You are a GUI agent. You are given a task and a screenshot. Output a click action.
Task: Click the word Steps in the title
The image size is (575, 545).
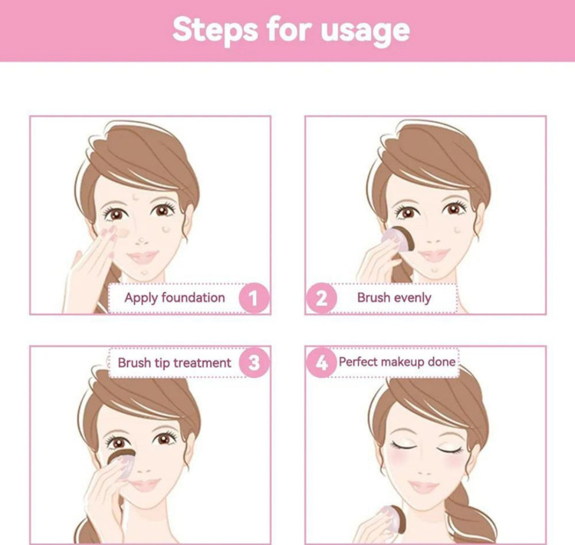(x=215, y=30)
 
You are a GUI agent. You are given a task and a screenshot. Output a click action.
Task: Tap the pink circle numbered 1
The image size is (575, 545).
(x=254, y=298)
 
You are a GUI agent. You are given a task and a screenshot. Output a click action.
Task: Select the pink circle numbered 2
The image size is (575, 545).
(x=321, y=298)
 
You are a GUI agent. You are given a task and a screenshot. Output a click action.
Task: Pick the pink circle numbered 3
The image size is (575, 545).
(x=254, y=363)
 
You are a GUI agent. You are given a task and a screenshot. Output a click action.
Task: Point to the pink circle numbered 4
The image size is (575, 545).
(x=321, y=363)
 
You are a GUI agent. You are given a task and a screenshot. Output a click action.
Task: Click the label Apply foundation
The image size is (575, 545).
(x=175, y=298)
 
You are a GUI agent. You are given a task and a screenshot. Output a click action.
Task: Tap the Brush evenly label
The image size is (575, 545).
(x=394, y=297)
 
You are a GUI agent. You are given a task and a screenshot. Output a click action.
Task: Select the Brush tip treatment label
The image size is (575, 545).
(x=175, y=363)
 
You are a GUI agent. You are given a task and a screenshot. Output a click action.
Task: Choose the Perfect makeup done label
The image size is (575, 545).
(x=397, y=362)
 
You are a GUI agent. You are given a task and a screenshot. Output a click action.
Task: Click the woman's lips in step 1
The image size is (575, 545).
(x=143, y=257)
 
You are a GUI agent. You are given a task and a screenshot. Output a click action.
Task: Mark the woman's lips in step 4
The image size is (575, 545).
(x=423, y=487)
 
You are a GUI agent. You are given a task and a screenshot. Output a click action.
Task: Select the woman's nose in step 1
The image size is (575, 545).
(x=141, y=240)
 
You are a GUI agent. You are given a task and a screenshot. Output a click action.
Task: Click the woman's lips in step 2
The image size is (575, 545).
(x=434, y=254)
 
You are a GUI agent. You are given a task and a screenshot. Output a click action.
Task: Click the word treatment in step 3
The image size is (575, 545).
(x=202, y=363)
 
